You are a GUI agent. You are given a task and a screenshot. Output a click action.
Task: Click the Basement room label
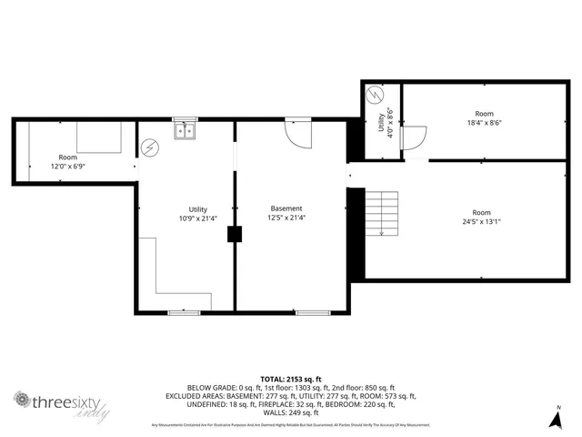[286, 208]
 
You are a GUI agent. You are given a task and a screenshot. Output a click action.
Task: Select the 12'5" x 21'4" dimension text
[286, 218]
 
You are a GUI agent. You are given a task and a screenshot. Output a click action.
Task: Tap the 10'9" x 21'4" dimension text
[197, 218]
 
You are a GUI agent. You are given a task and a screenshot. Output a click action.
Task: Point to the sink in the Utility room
[185, 130]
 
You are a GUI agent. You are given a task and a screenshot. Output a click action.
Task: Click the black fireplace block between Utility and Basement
[236, 234]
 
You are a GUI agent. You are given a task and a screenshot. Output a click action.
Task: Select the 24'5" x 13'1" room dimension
[481, 220]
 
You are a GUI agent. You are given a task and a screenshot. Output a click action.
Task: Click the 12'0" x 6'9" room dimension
[68, 167]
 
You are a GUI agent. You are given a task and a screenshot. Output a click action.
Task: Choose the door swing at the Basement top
[297, 135]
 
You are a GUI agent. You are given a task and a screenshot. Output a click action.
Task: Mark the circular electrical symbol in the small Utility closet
[374, 95]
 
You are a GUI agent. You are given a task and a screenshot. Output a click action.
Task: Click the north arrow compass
[557, 418]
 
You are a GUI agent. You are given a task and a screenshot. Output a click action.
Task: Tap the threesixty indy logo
[61, 404]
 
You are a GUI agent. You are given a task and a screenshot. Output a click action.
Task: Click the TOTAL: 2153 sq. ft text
[290, 379]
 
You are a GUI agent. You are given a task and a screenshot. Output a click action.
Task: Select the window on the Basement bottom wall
[312, 312]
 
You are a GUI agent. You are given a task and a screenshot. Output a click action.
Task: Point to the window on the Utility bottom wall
[185, 312]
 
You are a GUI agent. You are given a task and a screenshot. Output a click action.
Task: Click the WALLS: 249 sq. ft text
[290, 412]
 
